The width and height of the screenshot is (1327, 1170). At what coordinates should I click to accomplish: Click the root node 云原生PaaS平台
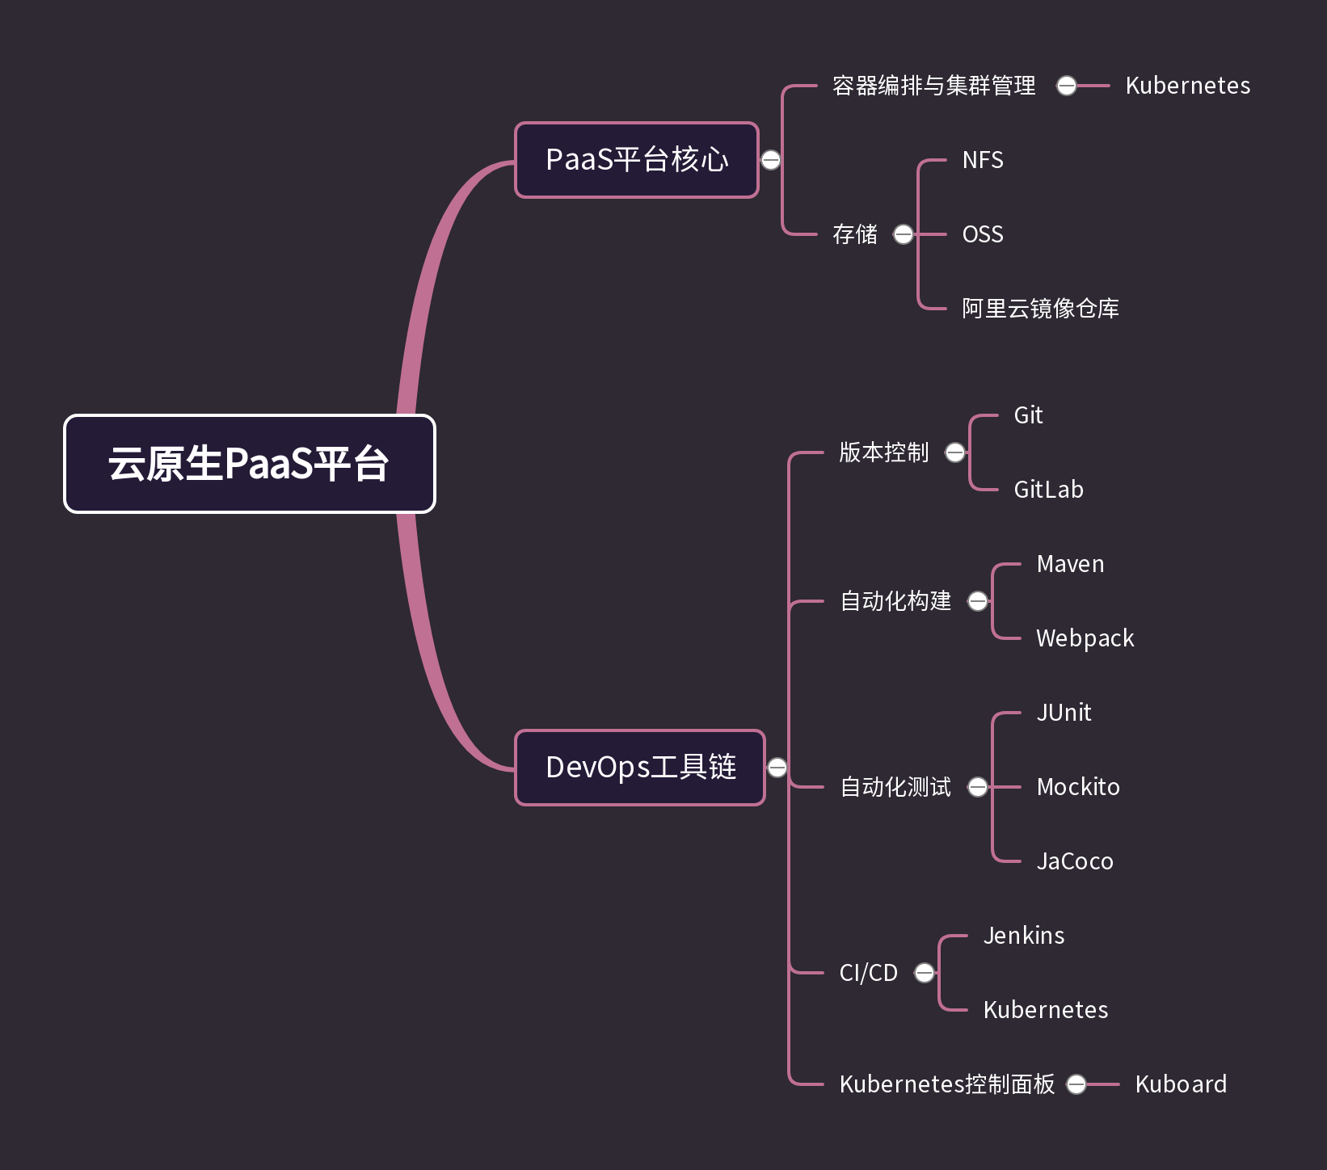pos(249,464)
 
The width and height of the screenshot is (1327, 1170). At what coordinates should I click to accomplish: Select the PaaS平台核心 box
pos(637,160)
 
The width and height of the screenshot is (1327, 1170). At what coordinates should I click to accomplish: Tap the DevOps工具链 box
pos(640,768)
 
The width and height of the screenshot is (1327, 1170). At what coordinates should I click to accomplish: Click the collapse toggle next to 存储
pos(904,234)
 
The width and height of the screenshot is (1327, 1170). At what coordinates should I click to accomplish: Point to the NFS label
pos(983,160)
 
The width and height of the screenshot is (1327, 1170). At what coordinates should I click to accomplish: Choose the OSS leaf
pos(983,234)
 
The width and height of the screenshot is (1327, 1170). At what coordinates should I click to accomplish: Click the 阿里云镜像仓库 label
pos(1040,309)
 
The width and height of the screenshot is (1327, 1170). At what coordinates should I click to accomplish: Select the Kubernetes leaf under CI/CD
pos(1045,1010)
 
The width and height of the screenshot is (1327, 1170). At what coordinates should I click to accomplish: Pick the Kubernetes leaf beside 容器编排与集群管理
pos(1187,86)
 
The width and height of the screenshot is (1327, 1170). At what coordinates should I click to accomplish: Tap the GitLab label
pos(1048,490)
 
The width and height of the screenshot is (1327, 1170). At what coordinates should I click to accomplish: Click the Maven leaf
pos(1070,564)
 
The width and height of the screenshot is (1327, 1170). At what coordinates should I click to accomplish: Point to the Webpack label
pos(1085,638)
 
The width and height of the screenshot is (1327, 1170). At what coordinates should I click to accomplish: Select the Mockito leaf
pos(1078,787)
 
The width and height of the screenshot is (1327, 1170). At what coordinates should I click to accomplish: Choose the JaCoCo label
pos(1075,861)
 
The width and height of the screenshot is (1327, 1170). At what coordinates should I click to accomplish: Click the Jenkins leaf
pos(1024,936)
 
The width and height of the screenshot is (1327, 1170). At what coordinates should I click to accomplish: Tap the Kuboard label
pos(1181,1084)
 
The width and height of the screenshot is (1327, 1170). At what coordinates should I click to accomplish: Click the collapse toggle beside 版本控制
pos(955,452)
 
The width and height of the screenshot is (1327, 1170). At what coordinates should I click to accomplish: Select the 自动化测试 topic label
pos(895,787)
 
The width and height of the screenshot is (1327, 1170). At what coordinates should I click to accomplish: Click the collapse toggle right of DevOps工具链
pos(777,768)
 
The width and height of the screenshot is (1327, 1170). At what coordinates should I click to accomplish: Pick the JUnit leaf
pos(1064,713)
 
